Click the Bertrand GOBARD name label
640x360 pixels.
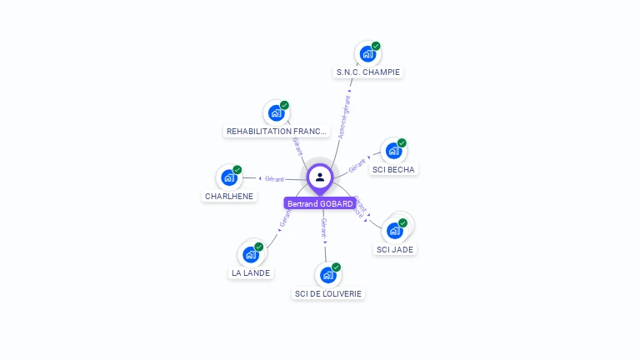(320, 203)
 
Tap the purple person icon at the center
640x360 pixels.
(320, 177)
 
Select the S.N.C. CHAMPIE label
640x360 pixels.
(368, 72)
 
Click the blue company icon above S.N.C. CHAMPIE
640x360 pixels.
(367, 54)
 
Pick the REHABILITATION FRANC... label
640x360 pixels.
(277, 131)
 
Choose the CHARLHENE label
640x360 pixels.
(229, 196)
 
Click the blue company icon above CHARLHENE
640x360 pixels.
(228, 177)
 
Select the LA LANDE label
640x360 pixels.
(251, 272)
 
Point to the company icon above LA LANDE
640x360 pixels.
(250, 254)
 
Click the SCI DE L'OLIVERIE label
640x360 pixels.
(329, 293)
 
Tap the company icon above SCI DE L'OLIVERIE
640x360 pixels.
(327, 274)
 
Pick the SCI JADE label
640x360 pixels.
(395, 249)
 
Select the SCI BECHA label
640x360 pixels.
(393, 169)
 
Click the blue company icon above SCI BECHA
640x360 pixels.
(393, 151)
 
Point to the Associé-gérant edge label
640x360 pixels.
(345, 116)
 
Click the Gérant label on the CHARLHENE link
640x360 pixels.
(275, 178)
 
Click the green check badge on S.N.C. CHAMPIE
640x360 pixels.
(376, 46)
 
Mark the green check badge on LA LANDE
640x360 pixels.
(259, 247)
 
